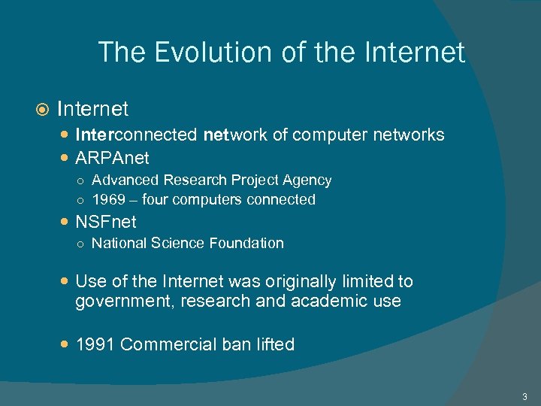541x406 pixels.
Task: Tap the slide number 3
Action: point(524,395)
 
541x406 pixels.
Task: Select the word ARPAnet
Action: point(112,158)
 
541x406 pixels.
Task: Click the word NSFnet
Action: point(106,222)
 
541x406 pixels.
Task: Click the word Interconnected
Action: point(136,135)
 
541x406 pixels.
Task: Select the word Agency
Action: point(308,180)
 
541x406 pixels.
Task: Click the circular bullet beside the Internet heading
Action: point(43,110)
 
